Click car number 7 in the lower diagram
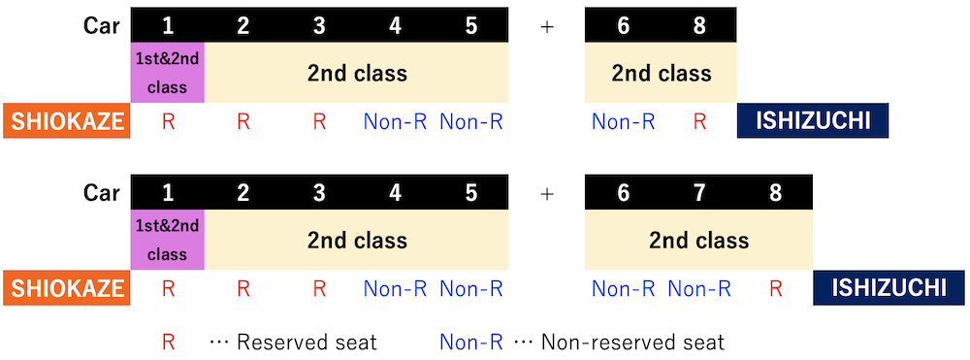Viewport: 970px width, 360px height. coord(699,193)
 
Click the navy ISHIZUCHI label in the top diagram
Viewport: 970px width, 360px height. coord(812,122)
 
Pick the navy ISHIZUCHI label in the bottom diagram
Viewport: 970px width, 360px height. coord(889,288)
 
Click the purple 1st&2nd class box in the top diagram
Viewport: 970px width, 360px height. coord(167,73)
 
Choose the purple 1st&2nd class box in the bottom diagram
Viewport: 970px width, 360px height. coord(167,240)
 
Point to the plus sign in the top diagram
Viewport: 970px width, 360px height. coord(547,27)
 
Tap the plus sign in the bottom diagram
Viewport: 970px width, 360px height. coord(547,193)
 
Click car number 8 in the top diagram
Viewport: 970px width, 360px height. coord(699,27)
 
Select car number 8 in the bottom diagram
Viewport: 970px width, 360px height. coord(775,193)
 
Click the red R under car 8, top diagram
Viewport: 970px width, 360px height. coord(699,122)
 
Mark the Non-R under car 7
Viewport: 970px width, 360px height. coord(699,288)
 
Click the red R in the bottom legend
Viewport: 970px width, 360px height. coord(168,342)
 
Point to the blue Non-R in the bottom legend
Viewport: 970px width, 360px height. coord(470,342)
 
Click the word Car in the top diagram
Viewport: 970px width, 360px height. coord(101,27)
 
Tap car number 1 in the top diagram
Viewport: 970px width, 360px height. coord(167,27)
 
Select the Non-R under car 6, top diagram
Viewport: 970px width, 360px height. coord(624,122)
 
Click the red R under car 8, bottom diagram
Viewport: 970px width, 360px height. coord(775,288)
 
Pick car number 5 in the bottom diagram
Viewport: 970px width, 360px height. coord(470,193)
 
